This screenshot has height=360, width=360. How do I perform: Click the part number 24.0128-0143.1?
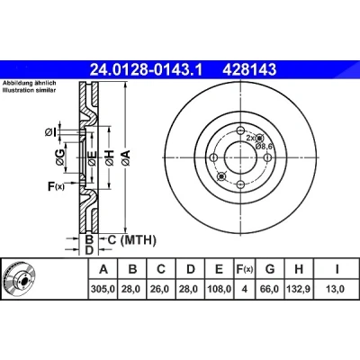pos(147,70)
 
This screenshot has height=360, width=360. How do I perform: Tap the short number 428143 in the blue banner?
pos(249,70)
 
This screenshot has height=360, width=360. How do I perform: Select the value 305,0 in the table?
pos(103,289)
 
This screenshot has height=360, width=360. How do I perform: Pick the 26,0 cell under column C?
pos(161,289)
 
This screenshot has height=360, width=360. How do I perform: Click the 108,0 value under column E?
pos(220,289)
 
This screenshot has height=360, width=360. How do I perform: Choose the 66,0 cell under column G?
pos(270,289)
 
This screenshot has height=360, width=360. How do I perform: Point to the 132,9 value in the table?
pos(299,289)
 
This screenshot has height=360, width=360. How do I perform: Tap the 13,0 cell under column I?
pos(336,289)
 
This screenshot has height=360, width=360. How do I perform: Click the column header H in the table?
pos(299,269)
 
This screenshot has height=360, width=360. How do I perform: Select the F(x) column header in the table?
pos(245,269)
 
